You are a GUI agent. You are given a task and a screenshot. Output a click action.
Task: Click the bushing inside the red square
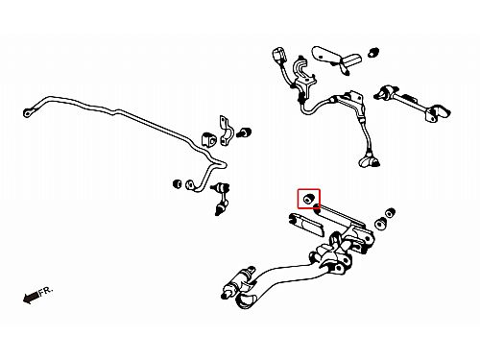pyautogui.click(x=308, y=199)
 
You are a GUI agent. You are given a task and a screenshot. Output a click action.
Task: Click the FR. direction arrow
pyautogui.click(x=31, y=298)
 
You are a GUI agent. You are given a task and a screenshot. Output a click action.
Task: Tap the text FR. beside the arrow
pyautogui.click(x=46, y=291)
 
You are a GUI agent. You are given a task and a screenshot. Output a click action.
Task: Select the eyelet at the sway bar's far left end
pyautogui.click(x=28, y=112)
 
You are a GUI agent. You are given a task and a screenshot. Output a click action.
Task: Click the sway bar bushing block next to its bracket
pyautogui.click(x=207, y=139)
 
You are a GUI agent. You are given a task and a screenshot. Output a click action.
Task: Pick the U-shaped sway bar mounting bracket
pyautogui.click(x=226, y=131)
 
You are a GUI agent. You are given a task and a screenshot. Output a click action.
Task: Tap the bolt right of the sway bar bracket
pyautogui.click(x=245, y=132)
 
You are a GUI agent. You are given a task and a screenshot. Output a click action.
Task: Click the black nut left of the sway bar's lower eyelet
pyautogui.click(x=177, y=184)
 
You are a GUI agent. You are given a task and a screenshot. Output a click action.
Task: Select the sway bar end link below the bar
pyautogui.click(x=221, y=199)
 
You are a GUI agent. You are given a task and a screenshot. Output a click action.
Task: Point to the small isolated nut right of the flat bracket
pyautogui.click(x=373, y=52)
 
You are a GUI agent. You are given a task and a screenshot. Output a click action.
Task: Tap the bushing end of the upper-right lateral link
pyautogui.click(x=386, y=92)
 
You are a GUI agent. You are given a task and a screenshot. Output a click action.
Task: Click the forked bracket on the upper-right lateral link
pyautogui.click(x=438, y=113)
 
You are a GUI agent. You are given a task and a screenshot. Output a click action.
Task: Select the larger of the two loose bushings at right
pyautogui.click(x=381, y=224)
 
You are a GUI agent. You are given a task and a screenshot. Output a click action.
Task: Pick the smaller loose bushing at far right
pyautogui.click(x=391, y=213)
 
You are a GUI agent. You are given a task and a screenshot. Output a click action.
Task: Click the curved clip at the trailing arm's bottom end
pyautogui.click(x=247, y=301)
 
